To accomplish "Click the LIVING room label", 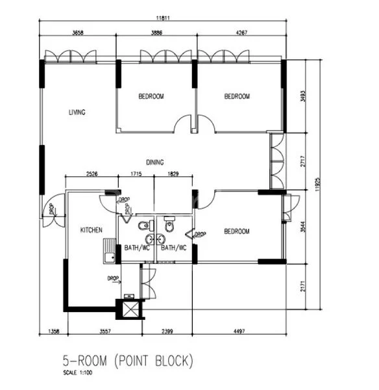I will pyautogui.click(x=77, y=112).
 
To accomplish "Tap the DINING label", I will pyautogui.click(x=154, y=162).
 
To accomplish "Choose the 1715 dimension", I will pyautogui.click(x=136, y=174).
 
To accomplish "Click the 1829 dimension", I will pyautogui.click(x=173, y=174).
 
